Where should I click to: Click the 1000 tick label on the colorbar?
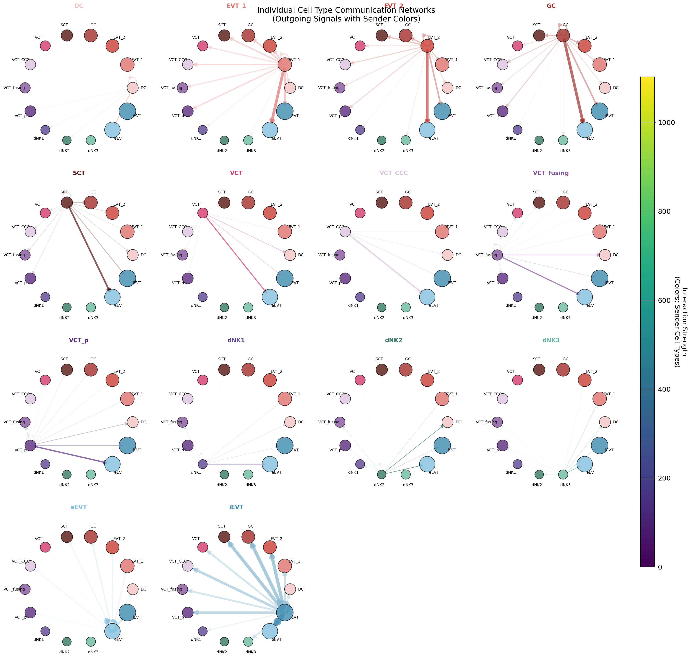tap(664, 122)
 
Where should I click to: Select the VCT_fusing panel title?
tap(551, 173)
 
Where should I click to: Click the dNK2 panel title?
tap(394, 340)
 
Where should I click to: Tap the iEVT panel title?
tap(236, 507)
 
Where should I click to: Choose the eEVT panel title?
tap(79, 507)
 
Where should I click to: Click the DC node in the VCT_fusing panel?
tap(605, 255)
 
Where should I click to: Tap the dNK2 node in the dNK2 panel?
tap(382, 475)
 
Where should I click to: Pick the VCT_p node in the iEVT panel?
tap(188, 613)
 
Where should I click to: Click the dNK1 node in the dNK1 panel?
tap(203, 464)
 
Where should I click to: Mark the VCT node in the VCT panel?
tap(203, 213)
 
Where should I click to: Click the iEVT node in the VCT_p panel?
tap(127, 445)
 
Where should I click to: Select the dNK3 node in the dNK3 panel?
tap(563, 475)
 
